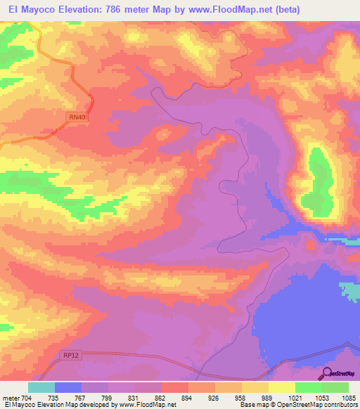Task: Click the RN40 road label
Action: [77, 120]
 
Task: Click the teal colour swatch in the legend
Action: [41, 387]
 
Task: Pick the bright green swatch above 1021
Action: [308, 387]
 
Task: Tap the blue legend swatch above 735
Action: [68, 387]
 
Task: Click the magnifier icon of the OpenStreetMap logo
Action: [326, 373]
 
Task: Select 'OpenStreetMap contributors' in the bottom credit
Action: [321, 405]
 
